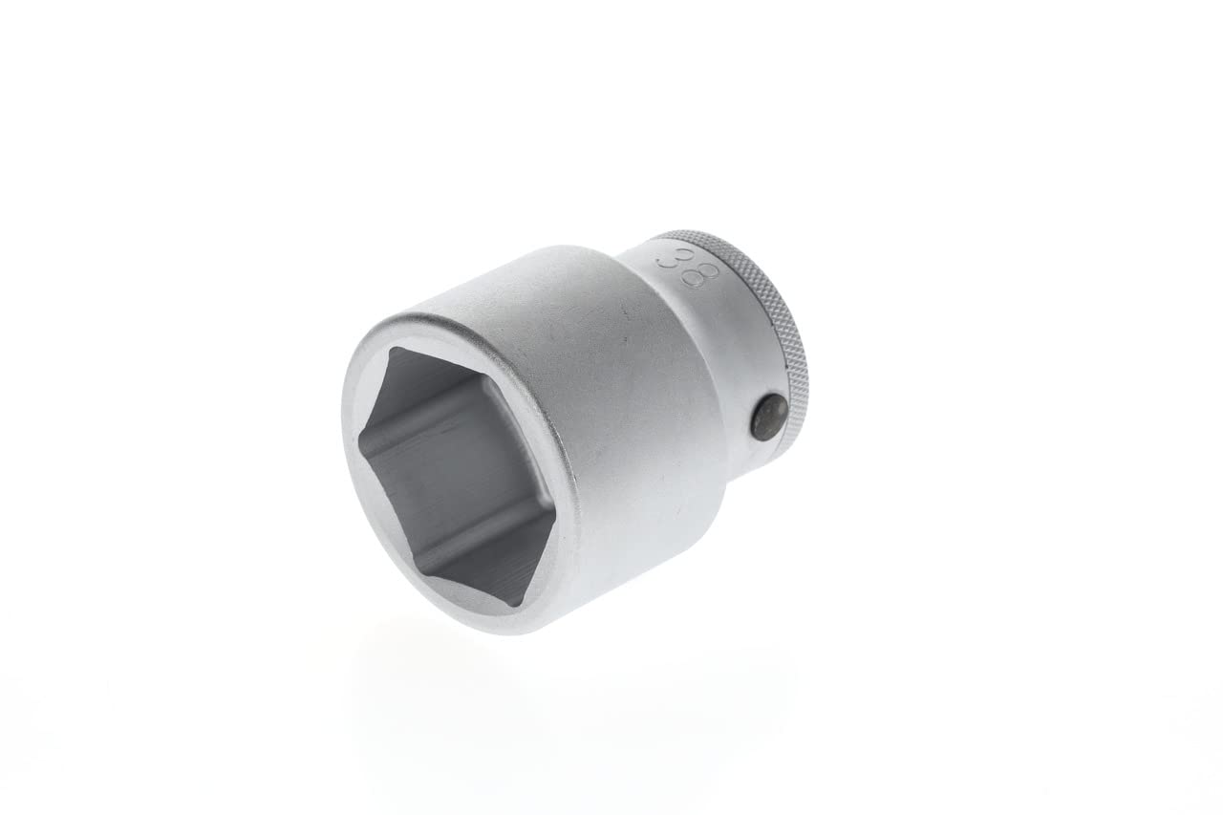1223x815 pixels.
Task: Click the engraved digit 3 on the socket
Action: [675, 257]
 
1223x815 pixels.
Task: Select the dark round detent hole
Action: [768, 418]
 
